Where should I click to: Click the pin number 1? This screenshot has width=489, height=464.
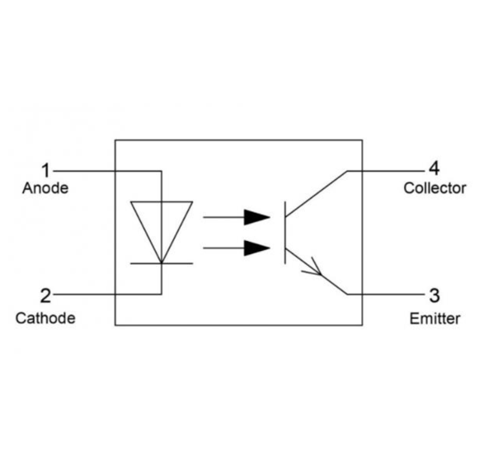(46, 170)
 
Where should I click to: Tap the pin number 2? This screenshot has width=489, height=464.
(45, 296)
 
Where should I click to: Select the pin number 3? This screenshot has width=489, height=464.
(435, 296)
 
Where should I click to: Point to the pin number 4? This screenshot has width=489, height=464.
(435, 168)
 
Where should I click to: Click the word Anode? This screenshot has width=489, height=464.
(45, 188)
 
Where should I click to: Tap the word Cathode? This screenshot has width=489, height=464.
(45, 318)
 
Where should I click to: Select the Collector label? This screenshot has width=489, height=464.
(435, 188)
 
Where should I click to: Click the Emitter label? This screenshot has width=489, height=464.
(435, 319)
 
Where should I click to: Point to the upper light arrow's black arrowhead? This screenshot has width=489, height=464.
(257, 217)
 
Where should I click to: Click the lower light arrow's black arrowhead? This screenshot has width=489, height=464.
(257, 248)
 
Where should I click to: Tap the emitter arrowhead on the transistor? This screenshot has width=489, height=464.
(314, 268)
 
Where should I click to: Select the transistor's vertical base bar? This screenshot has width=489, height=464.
(285, 233)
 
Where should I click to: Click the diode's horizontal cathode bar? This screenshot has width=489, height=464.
(162, 263)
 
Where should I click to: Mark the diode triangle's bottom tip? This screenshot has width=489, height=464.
(162, 263)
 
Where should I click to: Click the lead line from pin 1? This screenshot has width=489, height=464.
(107, 171)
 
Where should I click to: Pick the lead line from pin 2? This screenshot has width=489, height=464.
(107, 294)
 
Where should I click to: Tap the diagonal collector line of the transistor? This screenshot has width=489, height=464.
(316, 193)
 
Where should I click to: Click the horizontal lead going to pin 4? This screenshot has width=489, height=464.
(386, 171)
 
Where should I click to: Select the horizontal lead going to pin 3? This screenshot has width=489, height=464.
(386, 294)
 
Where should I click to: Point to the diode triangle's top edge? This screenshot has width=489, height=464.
(162, 201)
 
